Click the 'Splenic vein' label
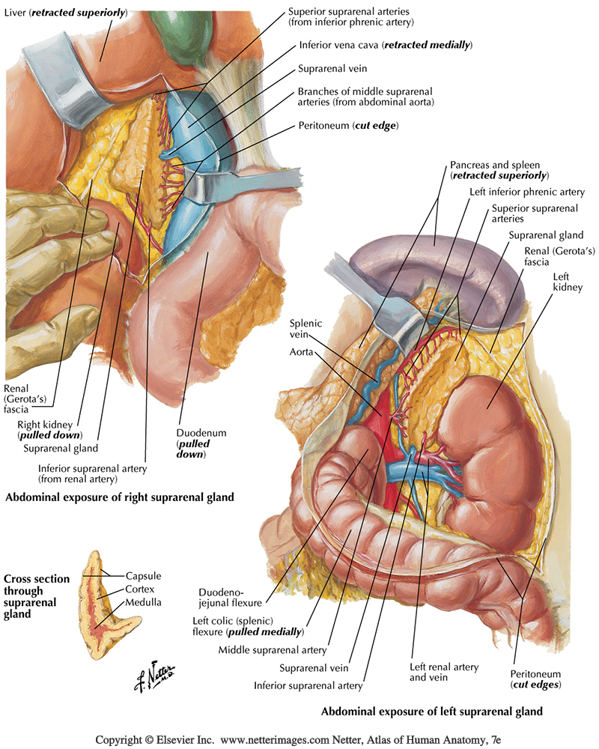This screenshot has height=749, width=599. [306, 329]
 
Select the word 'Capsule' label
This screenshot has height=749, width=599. [144, 576]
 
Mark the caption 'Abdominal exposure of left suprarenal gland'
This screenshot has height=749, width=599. [431, 711]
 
